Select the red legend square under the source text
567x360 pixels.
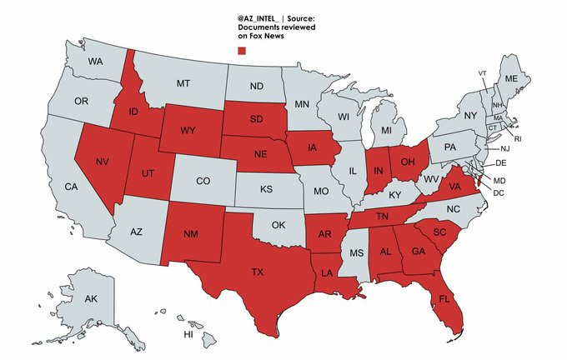coord(242,52)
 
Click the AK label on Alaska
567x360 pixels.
coord(92,298)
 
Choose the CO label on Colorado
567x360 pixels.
coord(203,181)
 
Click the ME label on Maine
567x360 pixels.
coord(512,77)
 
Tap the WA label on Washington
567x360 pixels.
coord(96,62)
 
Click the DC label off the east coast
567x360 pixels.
coord(500,192)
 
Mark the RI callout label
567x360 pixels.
coord(517,138)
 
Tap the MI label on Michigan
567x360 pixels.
coord(387,132)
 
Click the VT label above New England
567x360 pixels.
coord(482,73)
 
